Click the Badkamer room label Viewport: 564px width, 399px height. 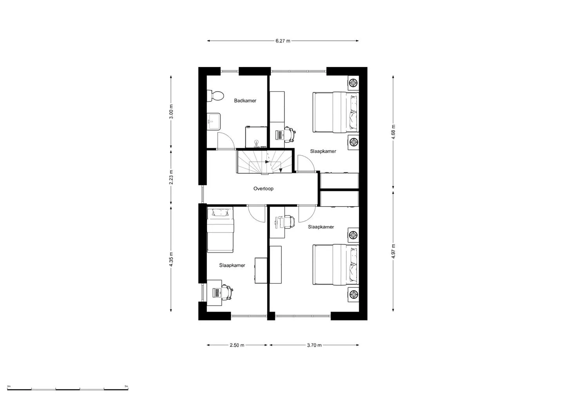tap(245, 101)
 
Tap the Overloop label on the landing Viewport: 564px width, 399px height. tap(263, 189)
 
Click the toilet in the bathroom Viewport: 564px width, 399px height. tap(215, 96)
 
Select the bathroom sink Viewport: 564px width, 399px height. tap(213, 122)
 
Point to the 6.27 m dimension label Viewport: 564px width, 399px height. tap(283, 41)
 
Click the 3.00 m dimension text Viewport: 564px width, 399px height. tap(171, 111)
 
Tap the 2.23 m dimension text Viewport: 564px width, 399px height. tap(171, 177)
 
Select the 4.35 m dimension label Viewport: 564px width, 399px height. tap(171, 259)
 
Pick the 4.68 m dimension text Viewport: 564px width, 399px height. tap(393, 132)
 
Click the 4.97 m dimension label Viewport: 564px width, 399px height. tap(393, 251)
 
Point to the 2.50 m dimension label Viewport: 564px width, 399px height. tap(237, 345)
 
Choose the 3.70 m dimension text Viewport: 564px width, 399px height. tap(314, 345)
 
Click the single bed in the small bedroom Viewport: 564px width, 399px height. tap(220, 230)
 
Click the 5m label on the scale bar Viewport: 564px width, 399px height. tap(127, 386)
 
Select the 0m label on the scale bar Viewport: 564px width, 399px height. tap(9, 386)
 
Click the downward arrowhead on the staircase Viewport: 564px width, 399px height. tap(281, 170)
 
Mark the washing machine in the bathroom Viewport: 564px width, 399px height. tap(256, 137)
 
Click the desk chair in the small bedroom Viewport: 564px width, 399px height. tap(227, 292)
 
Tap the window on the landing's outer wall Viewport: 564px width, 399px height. tap(202, 194)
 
